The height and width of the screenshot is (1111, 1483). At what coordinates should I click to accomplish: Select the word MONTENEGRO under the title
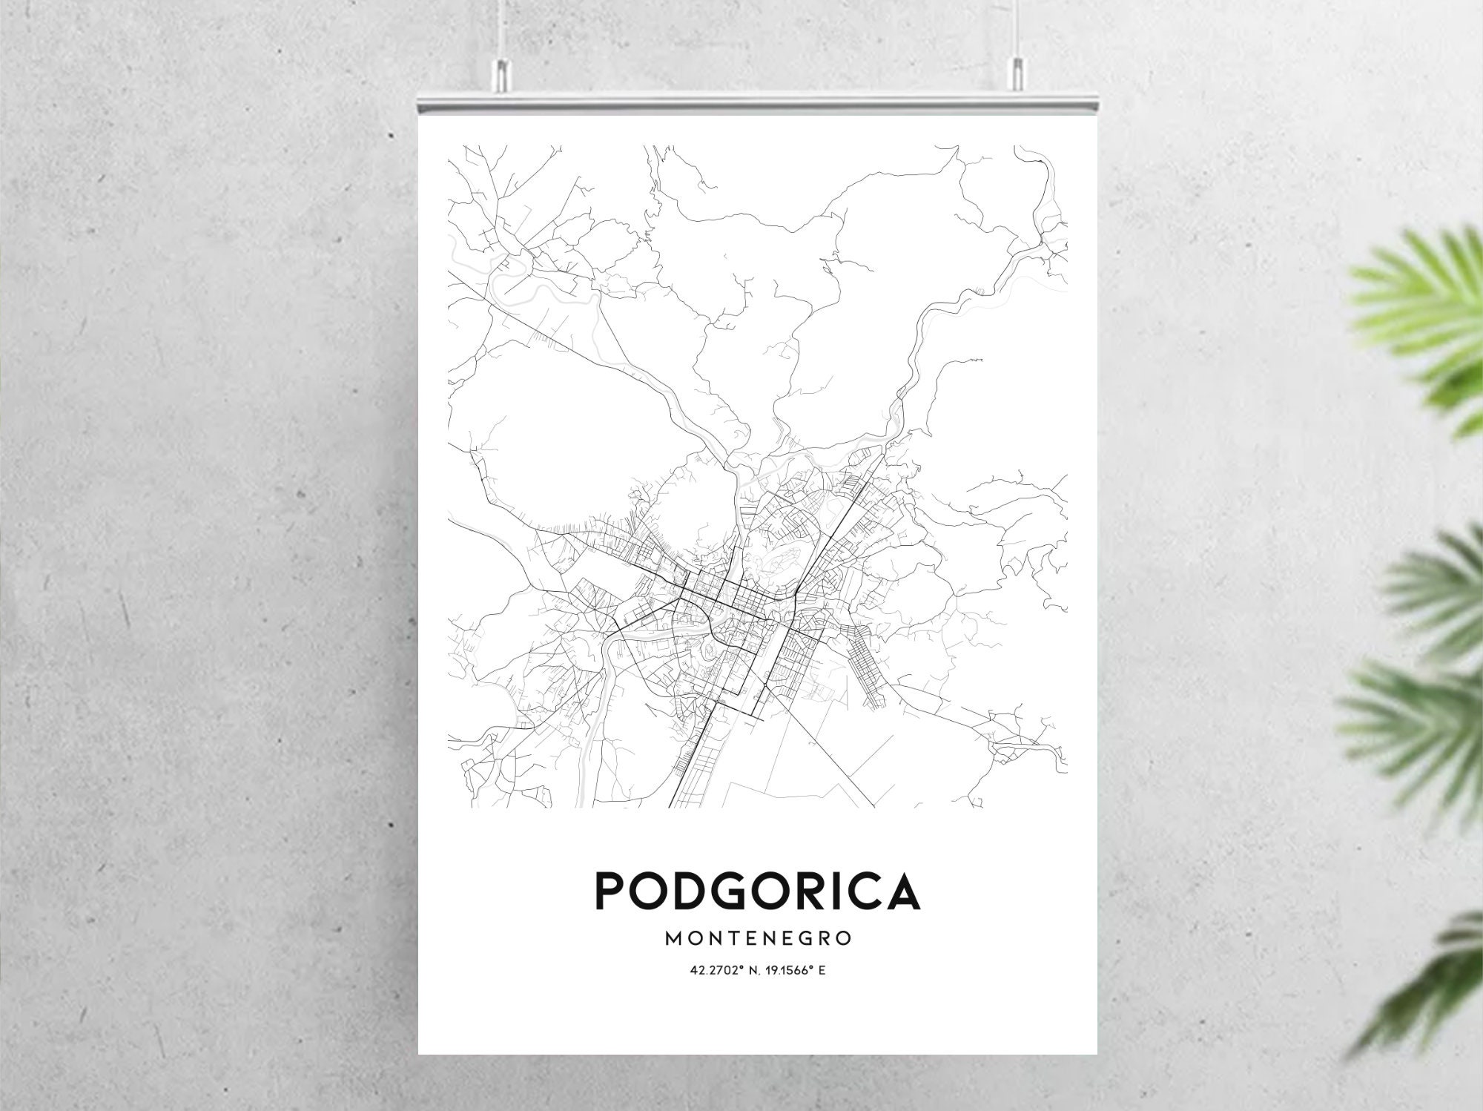pyautogui.click(x=758, y=939)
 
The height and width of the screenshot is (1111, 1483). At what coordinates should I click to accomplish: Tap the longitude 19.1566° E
pyautogui.click(x=793, y=970)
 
